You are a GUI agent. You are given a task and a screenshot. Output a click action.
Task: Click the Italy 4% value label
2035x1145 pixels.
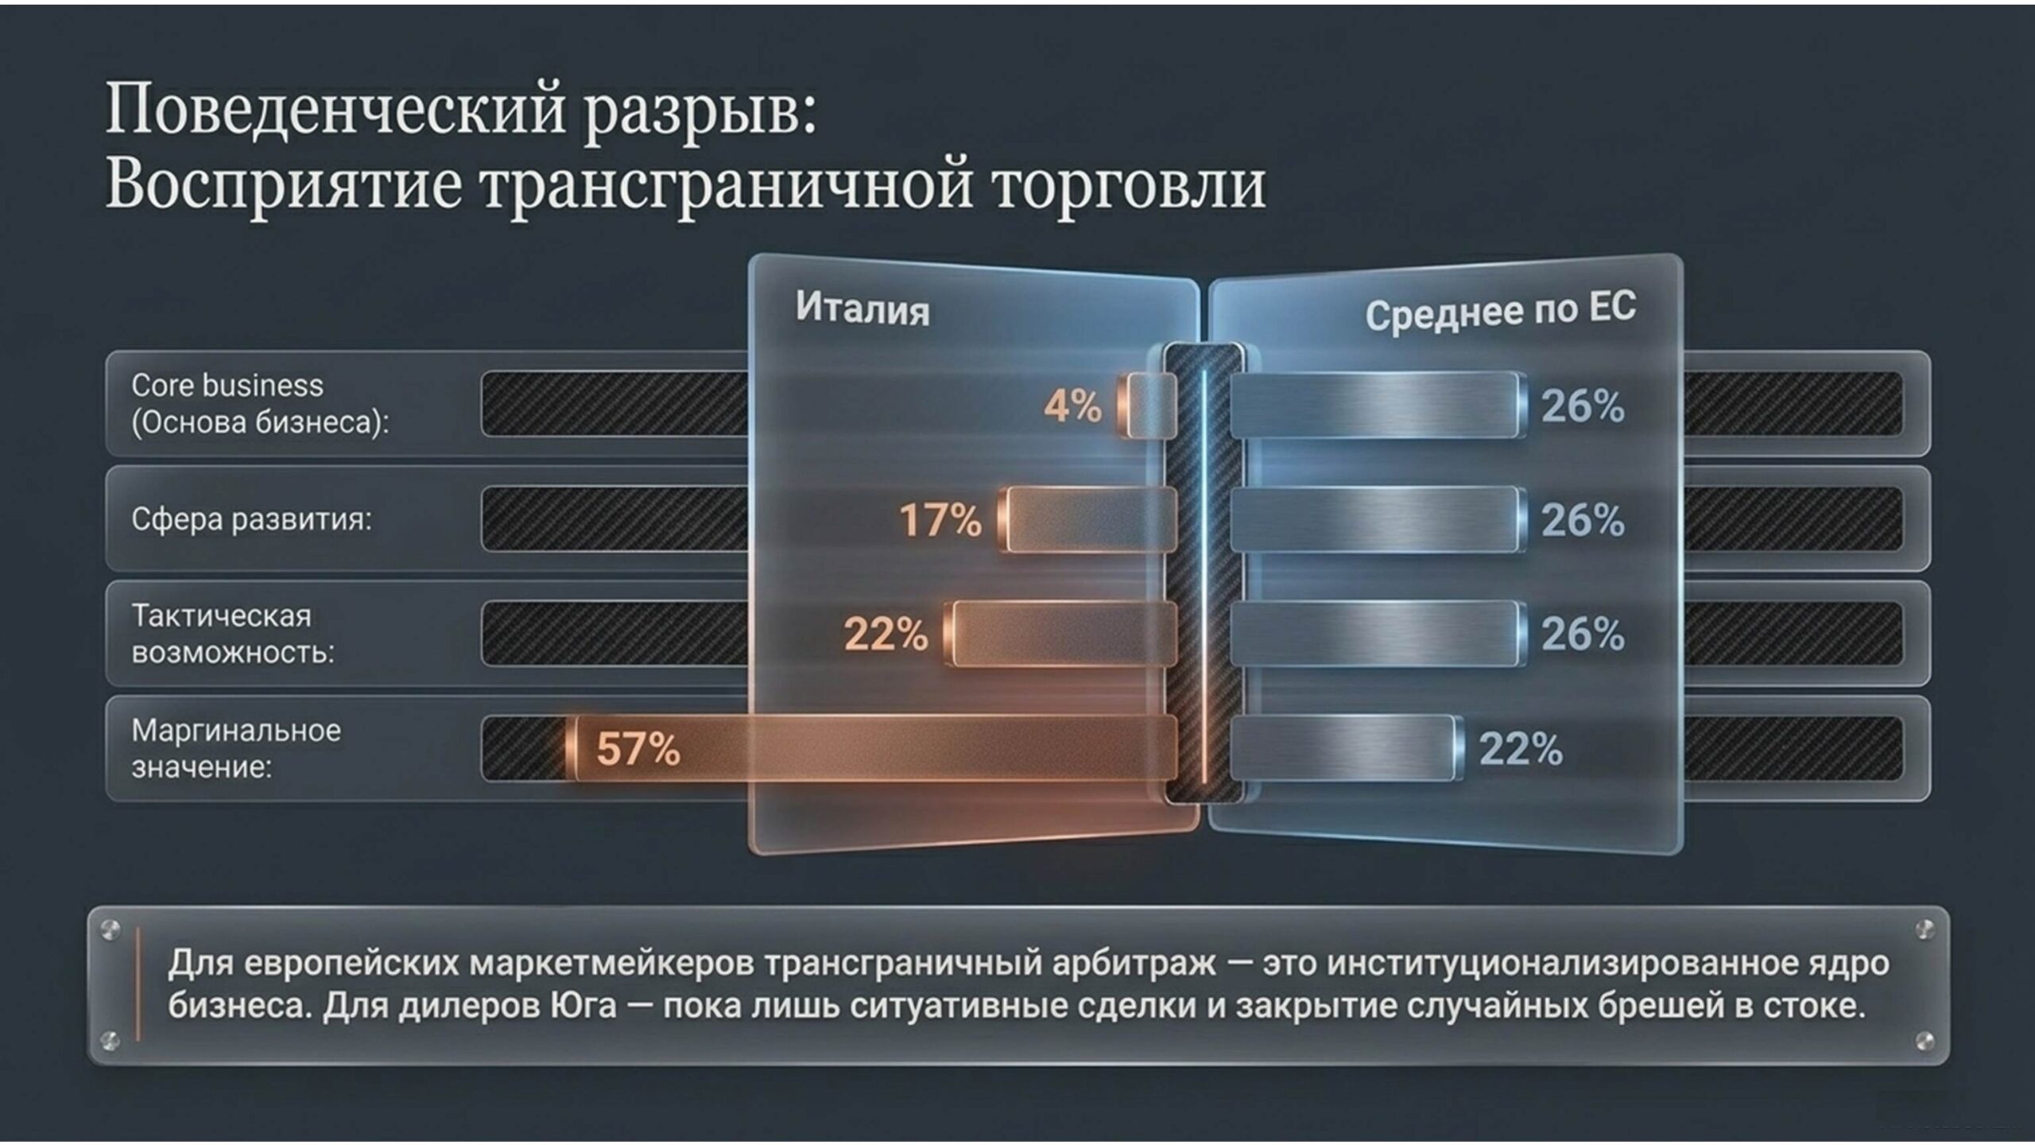[x=1072, y=406]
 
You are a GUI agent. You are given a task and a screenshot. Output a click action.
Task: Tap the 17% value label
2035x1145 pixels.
[x=940, y=520]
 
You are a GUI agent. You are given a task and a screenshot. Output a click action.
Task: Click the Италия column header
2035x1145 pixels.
[x=862, y=309]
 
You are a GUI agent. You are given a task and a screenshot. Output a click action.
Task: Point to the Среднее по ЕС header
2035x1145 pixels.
[x=1501, y=311]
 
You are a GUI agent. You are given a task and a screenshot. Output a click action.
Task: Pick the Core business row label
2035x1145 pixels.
[x=261, y=403]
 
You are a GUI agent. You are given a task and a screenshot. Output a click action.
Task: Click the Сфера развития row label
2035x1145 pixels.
[x=251, y=519]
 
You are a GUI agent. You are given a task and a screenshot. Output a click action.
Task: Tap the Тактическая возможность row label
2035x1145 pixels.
[x=233, y=634]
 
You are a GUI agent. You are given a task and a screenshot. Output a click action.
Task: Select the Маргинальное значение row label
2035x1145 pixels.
[x=236, y=748]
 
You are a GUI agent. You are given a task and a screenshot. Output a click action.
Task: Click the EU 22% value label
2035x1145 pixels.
[x=1521, y=748]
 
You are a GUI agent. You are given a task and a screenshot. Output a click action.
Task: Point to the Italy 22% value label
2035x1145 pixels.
[x=886, y=635]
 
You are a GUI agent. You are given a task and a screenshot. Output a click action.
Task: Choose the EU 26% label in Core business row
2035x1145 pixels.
[x=1583, y=406]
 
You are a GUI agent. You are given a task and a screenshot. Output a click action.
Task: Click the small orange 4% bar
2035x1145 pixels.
[x=1145, y=406]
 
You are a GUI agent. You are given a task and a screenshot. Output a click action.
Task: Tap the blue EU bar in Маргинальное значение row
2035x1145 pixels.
[x=1347, y=747]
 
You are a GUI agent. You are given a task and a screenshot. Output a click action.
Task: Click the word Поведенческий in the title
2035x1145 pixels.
[x=337, y=110]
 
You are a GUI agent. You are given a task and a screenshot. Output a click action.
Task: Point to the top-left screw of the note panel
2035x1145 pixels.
[x=110, y=928]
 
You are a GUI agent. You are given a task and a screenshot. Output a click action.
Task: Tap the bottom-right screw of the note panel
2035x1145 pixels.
[x=1925, y=1041]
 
